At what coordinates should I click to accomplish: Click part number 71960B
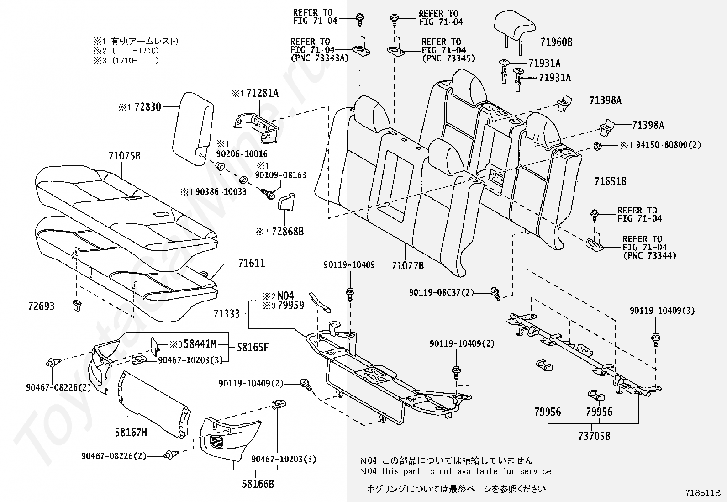(x=556, y=42)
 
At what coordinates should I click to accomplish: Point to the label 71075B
(x=125, y=156)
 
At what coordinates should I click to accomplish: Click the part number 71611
(x=251, y=263)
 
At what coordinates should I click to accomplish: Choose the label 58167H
(x=131, y=432)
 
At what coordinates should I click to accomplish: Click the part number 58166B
(x=258, y=484)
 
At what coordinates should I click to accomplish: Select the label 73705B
(x=594, y=436)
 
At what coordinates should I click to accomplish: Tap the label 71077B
(x=407, y=266)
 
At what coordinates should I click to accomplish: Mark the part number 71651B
(x=610, y=181)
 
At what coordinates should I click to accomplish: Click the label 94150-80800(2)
(x=666, y=145)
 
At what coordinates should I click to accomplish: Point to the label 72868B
(x=287, y=232)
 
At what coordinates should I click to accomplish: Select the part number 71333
(x=227, y=314)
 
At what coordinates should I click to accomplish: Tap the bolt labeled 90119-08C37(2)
(x=495, y=292)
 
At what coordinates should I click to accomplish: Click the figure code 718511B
(x=702, y=493)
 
